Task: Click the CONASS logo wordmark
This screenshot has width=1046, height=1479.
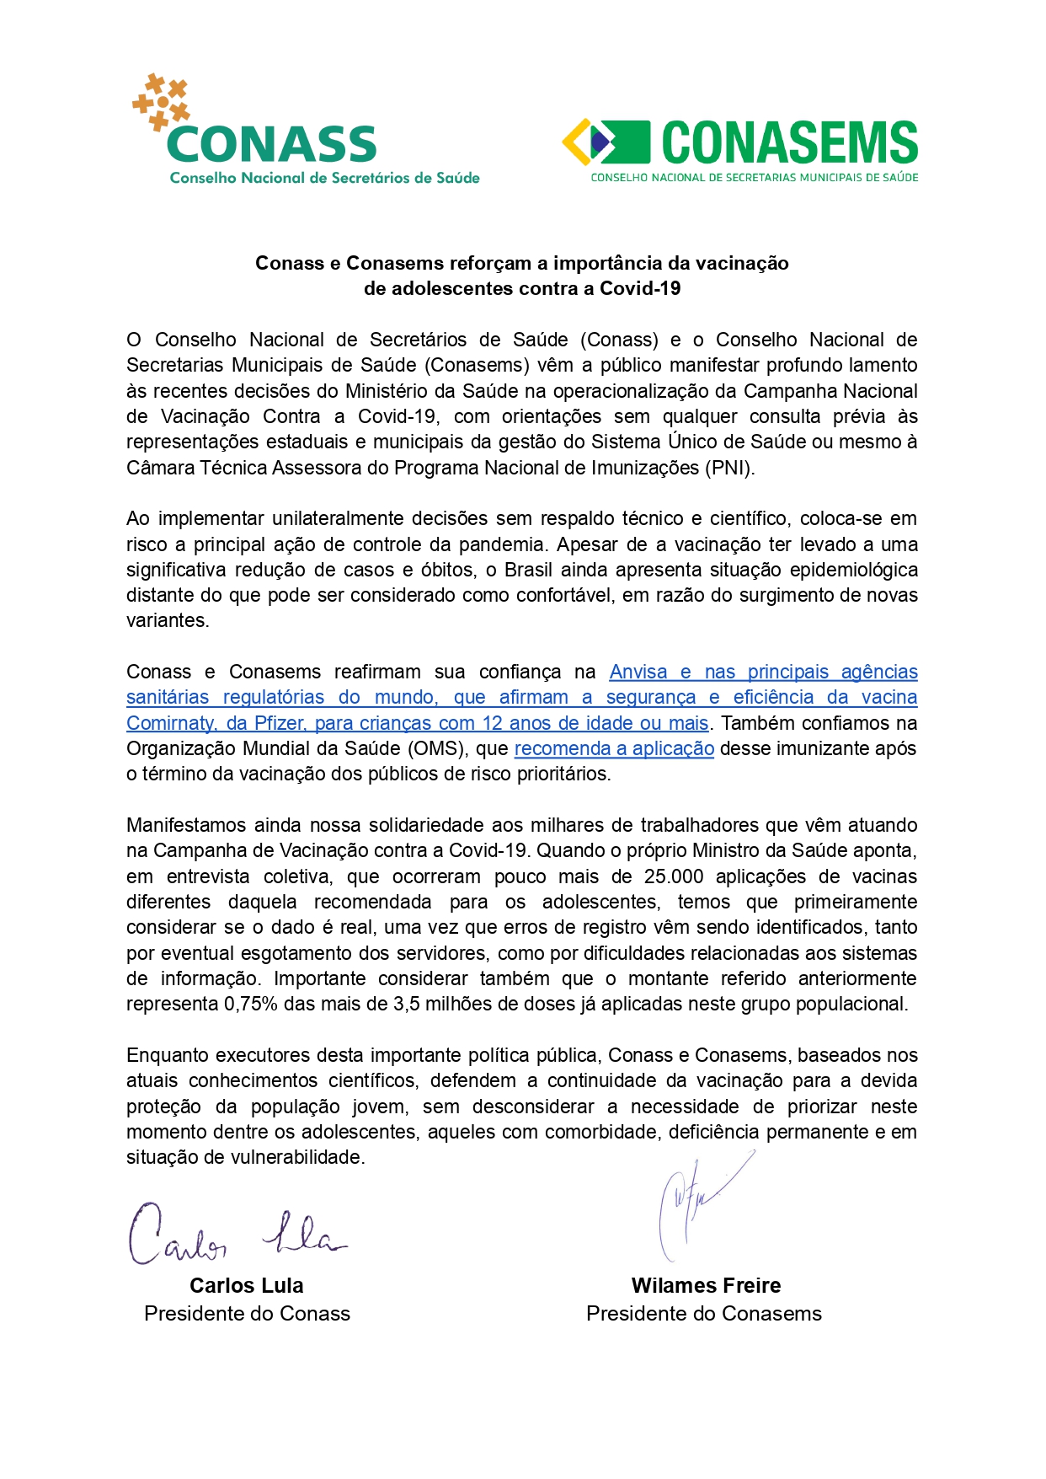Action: [x=272, y=144]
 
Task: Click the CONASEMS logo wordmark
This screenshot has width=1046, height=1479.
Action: [x=789, y=142]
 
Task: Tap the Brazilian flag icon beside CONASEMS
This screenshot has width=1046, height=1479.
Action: [x=606, y=142]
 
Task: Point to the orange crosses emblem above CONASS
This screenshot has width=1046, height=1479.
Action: [x=161, y=102]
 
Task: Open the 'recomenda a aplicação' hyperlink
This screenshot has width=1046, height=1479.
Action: [x=614, y=748]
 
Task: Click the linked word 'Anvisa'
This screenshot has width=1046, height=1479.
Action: [x=638, y=672]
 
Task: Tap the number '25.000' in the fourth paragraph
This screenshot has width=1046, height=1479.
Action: [x=674, y=876]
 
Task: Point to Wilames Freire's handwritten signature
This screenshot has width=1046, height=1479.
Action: [x=699, y=1205]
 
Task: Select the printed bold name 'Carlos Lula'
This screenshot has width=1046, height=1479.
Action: [x=247, y=1285]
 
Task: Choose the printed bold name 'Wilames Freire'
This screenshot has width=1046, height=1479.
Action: [x=706, y=1285]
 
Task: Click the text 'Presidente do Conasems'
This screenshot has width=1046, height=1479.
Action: [x=704, y=1313]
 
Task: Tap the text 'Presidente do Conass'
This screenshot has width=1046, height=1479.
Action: [x=247, y=1313]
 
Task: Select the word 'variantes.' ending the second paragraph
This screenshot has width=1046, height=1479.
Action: [x=168, y=620]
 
